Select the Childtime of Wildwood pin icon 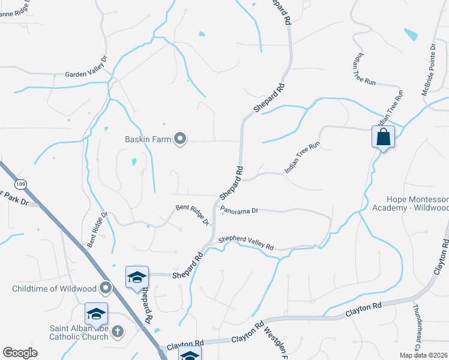pos(106,289)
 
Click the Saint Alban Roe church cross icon pos(118,331)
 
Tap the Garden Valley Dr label pos(86,76)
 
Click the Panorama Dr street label pos(239,211)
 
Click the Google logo pos(20,353)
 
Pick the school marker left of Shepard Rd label pos(137,277)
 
